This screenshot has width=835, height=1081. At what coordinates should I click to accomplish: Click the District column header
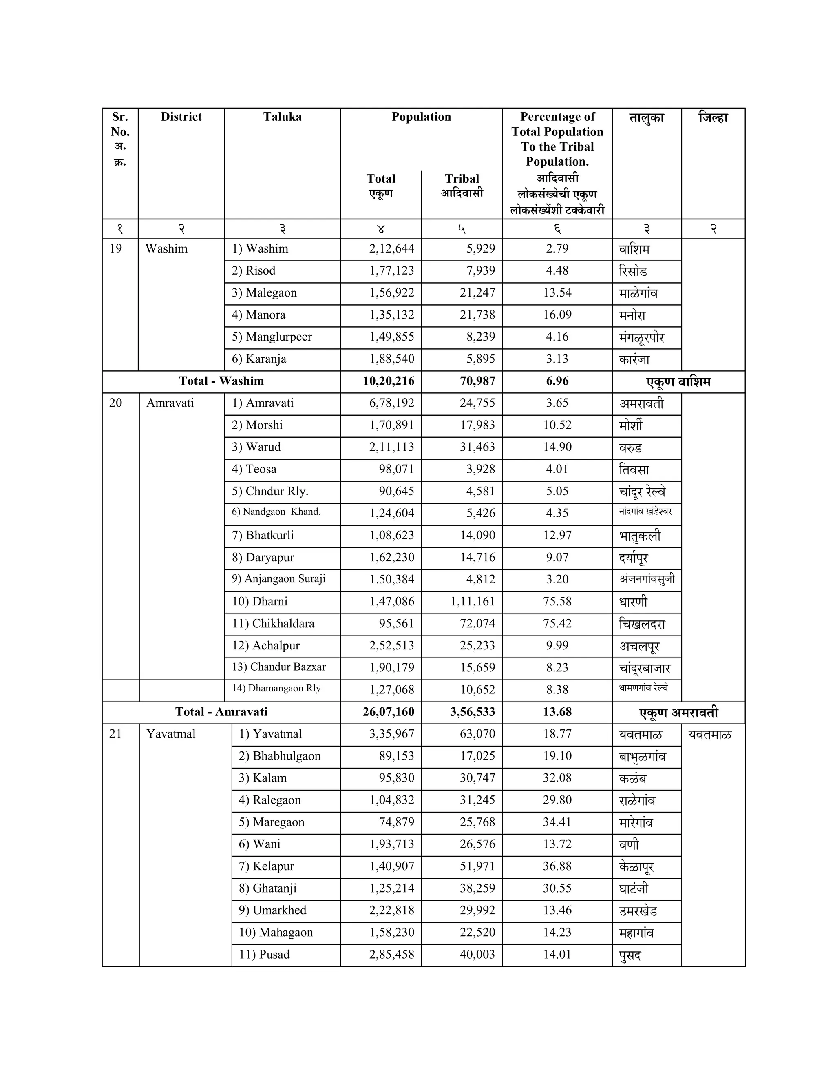pyautogui.click(x=181, y=117)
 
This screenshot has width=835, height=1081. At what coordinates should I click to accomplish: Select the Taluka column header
pyautogui.click(x=282, y=117)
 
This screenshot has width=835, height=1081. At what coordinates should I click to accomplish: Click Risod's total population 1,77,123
pyautogui.click(x=391, y=271)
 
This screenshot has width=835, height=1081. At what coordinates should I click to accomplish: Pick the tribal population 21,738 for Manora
pyautogui.click(x=477, y=315)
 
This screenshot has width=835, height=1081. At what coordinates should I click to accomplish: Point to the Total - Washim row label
pyautogui.click(x=221, y=381)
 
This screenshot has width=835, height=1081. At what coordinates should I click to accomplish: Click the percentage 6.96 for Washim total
pyautogui.click(x=557, y=381)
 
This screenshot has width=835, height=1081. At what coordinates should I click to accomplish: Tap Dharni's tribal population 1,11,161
pyautogui.click(x=473, y=601)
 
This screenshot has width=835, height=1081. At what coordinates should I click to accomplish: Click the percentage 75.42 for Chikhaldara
pyautogui.click(x=557, y=623)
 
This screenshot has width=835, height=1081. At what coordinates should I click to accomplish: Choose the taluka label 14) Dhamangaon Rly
pyautogui.click(x=276, y=688)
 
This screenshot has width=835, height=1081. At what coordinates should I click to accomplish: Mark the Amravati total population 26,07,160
pyautogui.click(x=388, y=712)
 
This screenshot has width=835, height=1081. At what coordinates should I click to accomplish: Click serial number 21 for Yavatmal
pyautogui.click(x=115, y=733)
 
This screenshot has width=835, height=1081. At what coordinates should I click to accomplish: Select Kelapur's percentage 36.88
pyautogui.click(x=557, y=866)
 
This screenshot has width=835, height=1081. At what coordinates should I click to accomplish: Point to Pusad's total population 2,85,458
pyautogui.click(x=391, y=954)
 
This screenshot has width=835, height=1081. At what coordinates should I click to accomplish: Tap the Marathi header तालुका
pyautogui.click(x=646, y=118)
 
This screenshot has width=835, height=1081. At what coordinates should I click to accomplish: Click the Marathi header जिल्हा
pyautogui.click(x=713, y=118)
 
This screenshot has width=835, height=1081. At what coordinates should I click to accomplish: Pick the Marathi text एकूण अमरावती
pyautogui.click(x=678, y=713)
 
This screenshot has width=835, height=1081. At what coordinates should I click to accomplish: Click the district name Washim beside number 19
pyautogui.click(x=166, y=248)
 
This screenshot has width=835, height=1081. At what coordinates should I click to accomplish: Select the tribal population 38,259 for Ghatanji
pyautogui.click(x=477, y=888)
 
